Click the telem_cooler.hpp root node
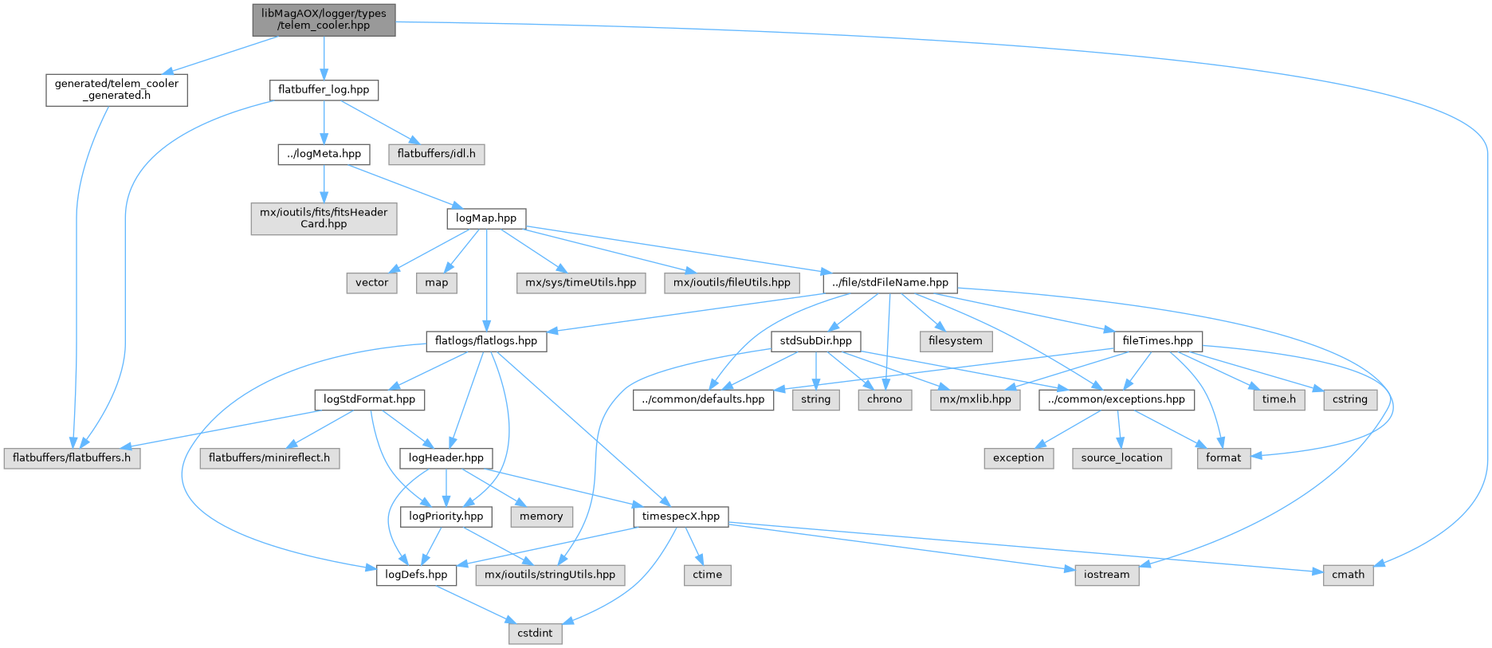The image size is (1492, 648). coord(324,19)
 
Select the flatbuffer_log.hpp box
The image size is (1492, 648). coord(324,89)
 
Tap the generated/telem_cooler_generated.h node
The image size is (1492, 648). coord(116,89)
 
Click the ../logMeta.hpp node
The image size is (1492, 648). coord(324,154)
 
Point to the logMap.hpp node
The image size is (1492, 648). coord(486,218)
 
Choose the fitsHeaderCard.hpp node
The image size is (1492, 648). coord(324,218)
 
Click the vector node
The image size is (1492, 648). coord(371,282)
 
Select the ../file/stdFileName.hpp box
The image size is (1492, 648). coord(889,282)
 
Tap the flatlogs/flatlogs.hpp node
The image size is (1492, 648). coord(486,340)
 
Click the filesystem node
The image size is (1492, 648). coord(956,340)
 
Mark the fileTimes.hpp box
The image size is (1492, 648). coord(1157,340)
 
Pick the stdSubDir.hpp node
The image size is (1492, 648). coord(815,340)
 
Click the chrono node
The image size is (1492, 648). coord(885,399)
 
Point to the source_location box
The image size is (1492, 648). coord(1121,458)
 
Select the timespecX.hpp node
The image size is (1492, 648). coord(681,516)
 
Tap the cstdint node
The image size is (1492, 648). coord(535,633)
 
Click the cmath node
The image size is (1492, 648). coord(1348,575)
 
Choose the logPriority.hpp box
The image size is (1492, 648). coord(446,516)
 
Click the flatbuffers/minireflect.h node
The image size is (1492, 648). coord(269,458)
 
